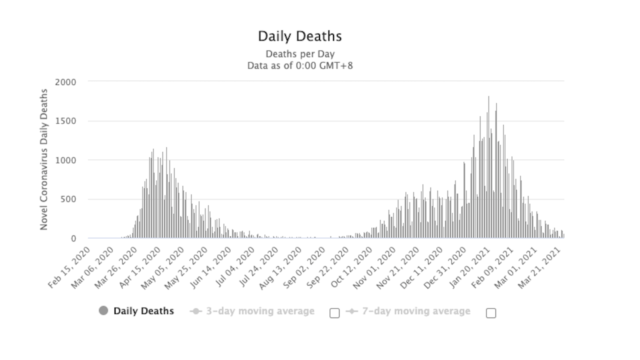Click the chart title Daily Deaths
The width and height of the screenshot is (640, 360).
tap(300, 36)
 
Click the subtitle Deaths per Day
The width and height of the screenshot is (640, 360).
tap(300, 54)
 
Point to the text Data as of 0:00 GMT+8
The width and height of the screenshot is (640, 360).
tap(300, 65)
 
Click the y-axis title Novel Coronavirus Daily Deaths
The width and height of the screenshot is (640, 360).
tap(44, 159)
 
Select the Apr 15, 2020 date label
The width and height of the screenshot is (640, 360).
tap(139, 267)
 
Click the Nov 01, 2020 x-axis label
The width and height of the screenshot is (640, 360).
tap(370, 267)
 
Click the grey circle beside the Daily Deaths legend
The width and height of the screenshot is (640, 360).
tap(103, 311)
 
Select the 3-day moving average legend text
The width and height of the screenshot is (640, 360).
tap(260, 311)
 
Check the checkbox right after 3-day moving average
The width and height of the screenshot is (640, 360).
tap(334, 313)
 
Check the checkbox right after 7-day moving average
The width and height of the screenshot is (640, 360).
tap(491, 313)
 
